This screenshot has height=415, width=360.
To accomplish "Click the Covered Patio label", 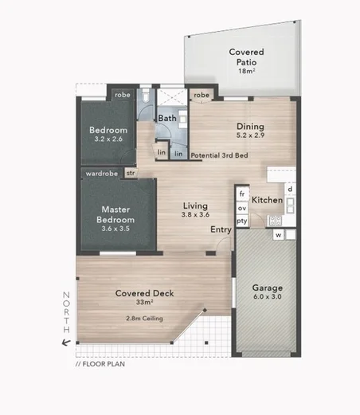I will click(246, 57).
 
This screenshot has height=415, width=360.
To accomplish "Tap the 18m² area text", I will click(246, 71).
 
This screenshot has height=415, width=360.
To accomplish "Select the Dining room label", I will click(250, 126).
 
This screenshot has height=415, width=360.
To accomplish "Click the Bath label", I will click(166, 119).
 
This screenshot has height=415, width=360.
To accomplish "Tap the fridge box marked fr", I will click(241, 194).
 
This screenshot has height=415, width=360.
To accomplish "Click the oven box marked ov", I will click(241, 207).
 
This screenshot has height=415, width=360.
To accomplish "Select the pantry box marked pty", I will click(241, 221).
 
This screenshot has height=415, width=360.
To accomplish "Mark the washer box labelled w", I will click(280, 235).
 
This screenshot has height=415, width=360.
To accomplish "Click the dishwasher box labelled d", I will click(290, 189).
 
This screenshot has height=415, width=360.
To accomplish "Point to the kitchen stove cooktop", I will click(276, 221).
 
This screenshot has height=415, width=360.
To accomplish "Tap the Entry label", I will click(221, 229).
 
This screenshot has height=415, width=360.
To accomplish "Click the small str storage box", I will click(130, 172).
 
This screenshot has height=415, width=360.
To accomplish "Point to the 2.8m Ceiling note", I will click(144, 319).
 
